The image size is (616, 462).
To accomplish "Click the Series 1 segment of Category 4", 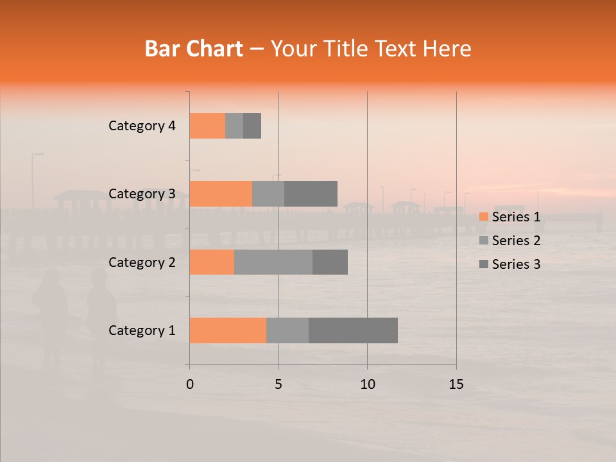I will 207,126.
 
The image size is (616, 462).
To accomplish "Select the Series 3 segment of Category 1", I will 353,330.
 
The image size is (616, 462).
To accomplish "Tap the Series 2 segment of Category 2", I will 273,262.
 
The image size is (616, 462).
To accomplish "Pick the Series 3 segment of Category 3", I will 311,194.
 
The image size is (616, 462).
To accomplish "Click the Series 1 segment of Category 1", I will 228,330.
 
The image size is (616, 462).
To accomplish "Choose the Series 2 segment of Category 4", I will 234,126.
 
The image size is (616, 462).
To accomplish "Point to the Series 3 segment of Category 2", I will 330,262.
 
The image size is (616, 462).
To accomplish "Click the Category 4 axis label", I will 142,126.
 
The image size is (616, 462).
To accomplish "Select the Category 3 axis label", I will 142,194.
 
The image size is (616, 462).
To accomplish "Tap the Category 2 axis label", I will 142,262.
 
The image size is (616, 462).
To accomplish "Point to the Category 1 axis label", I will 142,330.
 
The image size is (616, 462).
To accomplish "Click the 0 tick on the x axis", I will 190,384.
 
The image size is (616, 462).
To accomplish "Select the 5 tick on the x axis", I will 278,384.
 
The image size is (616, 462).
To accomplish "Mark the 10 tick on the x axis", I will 367,384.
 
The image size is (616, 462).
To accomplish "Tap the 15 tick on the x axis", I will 456,384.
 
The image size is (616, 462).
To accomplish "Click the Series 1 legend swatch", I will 484,217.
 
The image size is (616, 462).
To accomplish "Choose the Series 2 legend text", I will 516,241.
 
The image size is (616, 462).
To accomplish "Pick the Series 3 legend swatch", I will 484,264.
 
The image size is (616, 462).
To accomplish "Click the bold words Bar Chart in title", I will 194,49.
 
